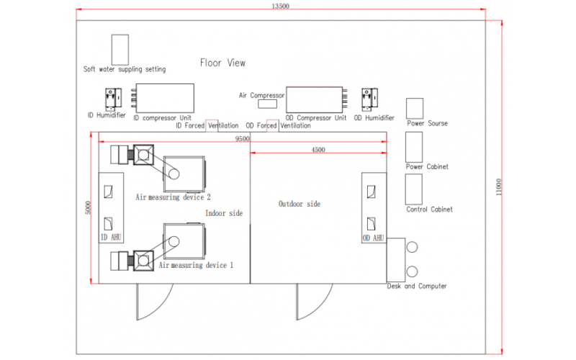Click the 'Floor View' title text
click(222, 63)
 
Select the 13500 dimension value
click(280, 6)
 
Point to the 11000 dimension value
click(498, 187)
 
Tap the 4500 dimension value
click(318, 150)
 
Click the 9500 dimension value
click(242, 138)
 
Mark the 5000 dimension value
click(87, 208)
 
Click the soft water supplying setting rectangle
click(120, 50)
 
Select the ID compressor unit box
click(165, 98)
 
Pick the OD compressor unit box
click(315, 99)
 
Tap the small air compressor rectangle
click(267, 104)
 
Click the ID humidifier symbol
click(113, 99)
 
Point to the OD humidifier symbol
click(369, 99)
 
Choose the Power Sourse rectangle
click(415, 109)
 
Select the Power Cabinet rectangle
click(414, 147)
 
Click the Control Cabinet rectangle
click(413, 189)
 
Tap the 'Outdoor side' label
click(300, 204)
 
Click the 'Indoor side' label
click(224, 213)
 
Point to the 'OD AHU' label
click(373, 238)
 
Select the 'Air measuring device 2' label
click(173, 197)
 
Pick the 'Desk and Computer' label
click(417, 286)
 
